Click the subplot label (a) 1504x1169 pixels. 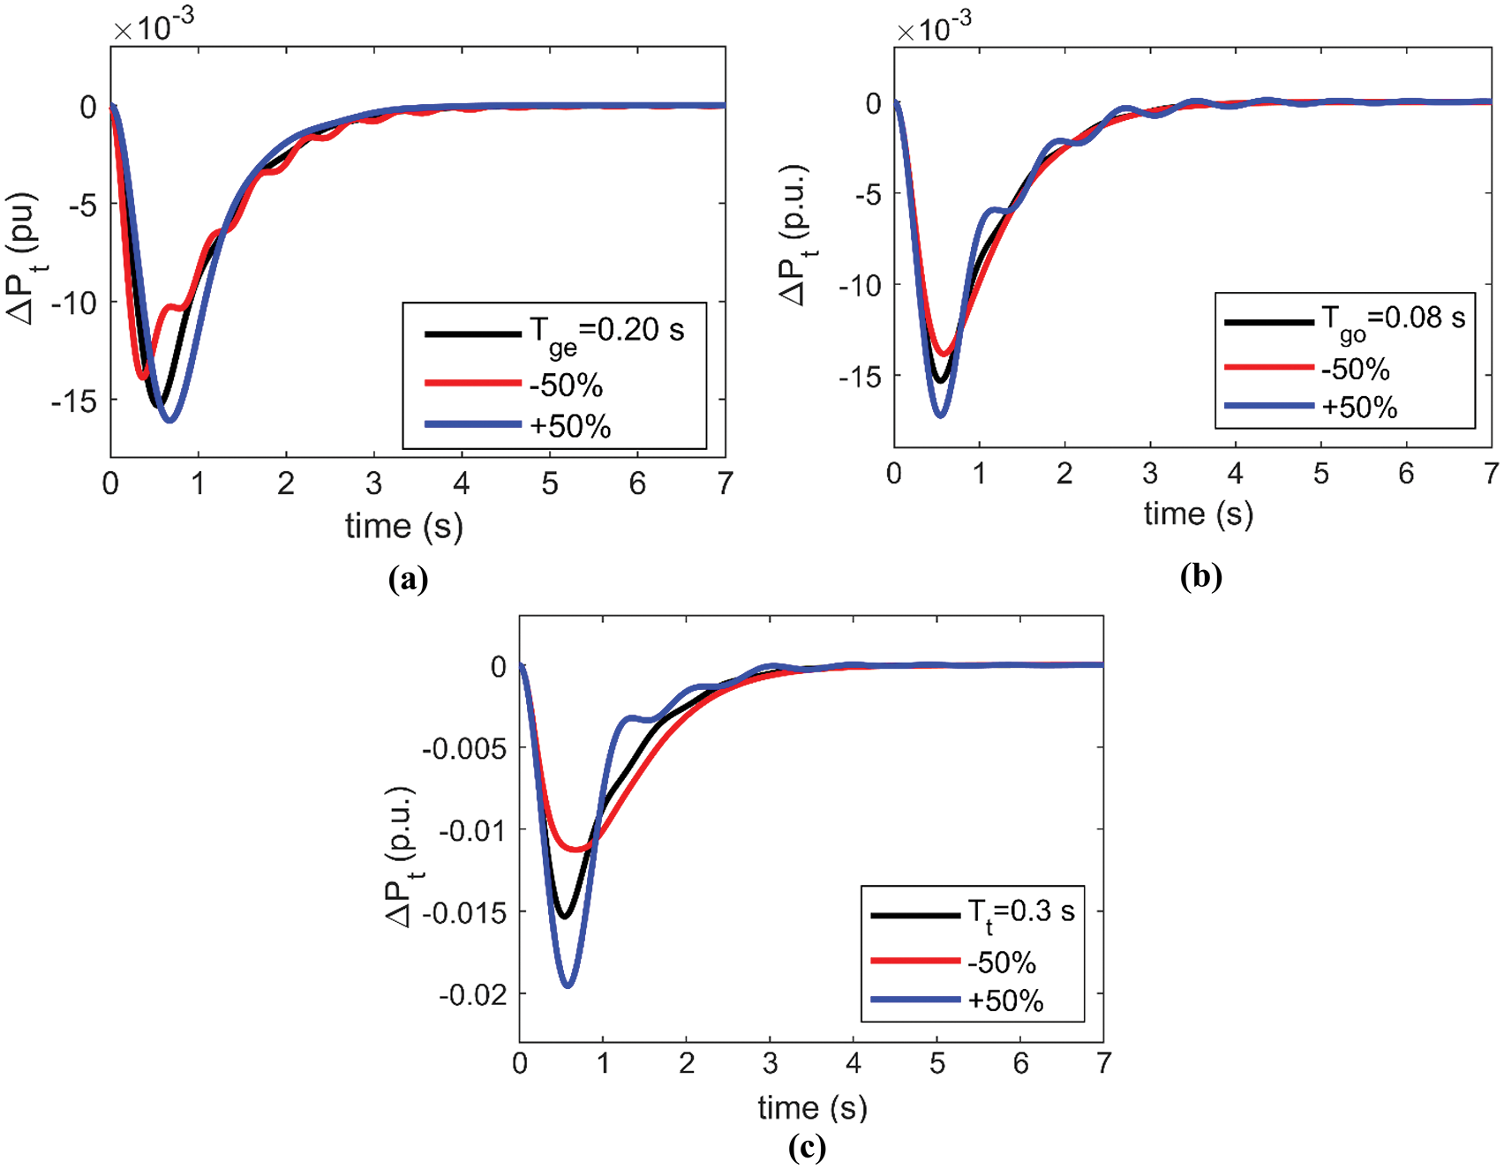coord(408,579)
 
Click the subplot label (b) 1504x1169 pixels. coord(1200,576)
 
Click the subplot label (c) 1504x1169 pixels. coord(807,1146)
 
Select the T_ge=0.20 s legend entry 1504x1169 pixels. coord(606,332)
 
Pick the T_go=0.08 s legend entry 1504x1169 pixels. coord(1392,319)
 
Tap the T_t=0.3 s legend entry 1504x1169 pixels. coord(1020,913)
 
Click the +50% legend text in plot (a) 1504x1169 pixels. coord(570,426)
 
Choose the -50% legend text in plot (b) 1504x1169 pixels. coord(1355,369)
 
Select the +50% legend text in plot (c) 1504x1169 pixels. coord(1005,1000)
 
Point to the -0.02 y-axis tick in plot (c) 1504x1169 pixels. coord(474,994)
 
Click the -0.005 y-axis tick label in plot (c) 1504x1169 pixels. coord(465,749)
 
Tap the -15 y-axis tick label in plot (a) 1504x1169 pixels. coord(73,401)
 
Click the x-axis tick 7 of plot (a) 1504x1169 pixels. coord(725,483)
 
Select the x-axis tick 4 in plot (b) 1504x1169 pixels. coord(1236,474)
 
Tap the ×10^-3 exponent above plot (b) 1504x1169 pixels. coord(934,28)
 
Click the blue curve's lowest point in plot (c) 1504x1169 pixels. coord(568,985)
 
